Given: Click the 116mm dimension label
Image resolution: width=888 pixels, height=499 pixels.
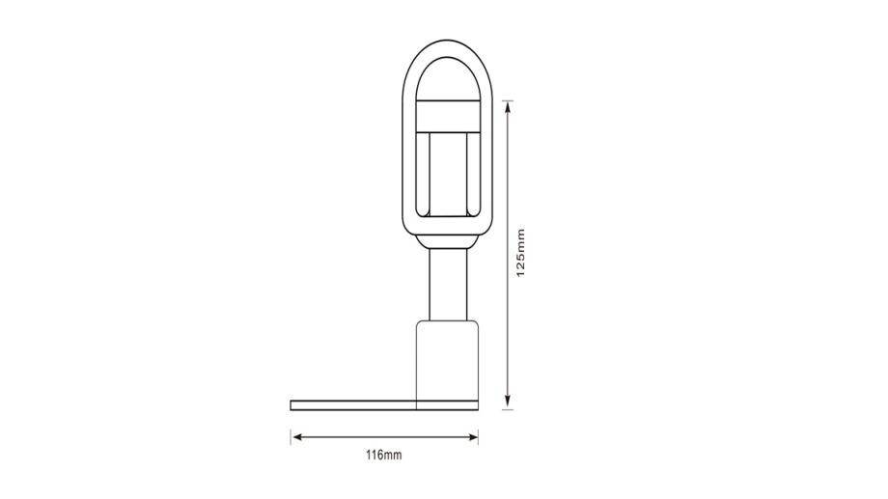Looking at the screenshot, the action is tap(383, 455).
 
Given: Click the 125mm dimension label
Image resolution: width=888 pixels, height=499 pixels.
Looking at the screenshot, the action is tap(521, 253).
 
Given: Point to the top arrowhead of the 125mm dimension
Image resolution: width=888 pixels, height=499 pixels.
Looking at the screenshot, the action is tap(508, 107).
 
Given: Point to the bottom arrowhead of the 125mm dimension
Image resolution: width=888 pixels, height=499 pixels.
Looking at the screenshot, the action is tap(508, 403).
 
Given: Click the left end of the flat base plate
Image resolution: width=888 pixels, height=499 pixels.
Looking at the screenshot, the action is tap(291, 405).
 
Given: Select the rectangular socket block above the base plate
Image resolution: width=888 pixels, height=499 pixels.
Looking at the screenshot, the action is tap(448, 360).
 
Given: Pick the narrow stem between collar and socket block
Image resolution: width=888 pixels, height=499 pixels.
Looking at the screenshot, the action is tap(448, 285).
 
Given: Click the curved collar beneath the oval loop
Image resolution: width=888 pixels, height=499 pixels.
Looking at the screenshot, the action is tap(448, 242).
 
